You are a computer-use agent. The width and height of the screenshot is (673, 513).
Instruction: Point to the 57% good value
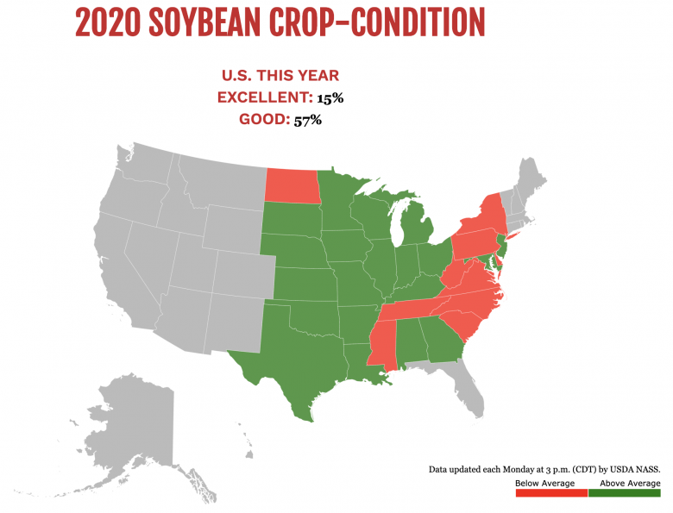pos(307,120)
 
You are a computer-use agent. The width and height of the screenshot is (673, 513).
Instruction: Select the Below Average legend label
pos(544,483)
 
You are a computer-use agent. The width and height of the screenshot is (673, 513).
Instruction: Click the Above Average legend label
pos(630,483)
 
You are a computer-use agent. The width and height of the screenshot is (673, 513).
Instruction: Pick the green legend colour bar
pos(624,493)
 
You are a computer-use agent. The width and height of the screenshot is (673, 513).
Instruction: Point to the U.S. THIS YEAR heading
pos(280,76)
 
